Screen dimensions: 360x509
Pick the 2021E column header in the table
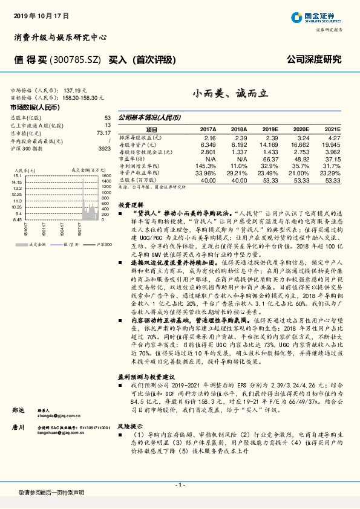(x=332, y=129)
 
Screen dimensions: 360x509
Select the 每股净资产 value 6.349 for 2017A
(x=208, y=144)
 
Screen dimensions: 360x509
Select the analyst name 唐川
(x=18, y=427)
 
